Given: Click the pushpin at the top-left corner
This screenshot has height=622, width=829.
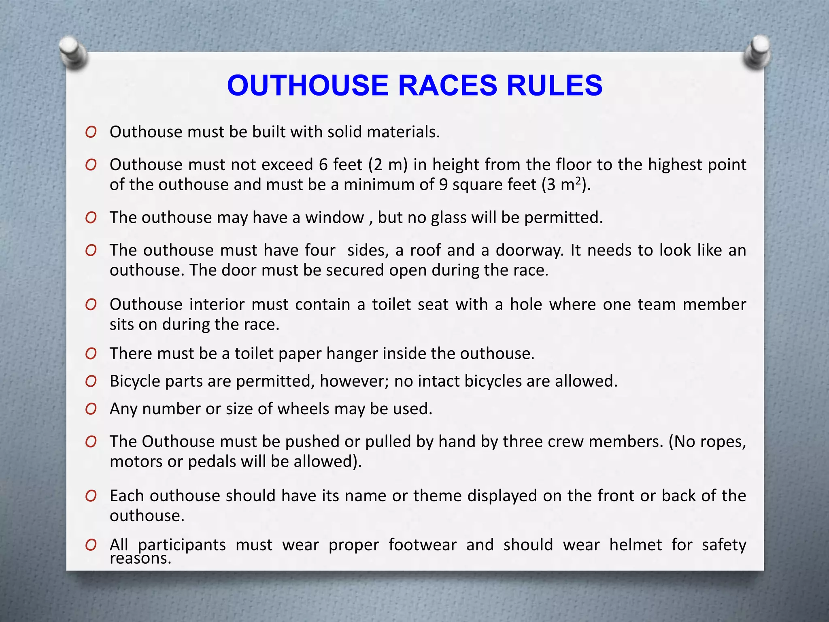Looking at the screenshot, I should (x=73, y=53).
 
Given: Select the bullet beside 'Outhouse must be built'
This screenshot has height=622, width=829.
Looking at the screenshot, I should (x=91, y=132).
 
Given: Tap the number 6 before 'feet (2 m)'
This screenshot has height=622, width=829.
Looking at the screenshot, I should (x=323, y=165).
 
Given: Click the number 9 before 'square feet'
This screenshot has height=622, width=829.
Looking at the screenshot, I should (x=443, y=185).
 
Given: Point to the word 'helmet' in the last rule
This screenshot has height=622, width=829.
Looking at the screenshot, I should (x=636, y=545).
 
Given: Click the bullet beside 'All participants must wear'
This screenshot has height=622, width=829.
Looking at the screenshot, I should (x=91, y=545).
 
